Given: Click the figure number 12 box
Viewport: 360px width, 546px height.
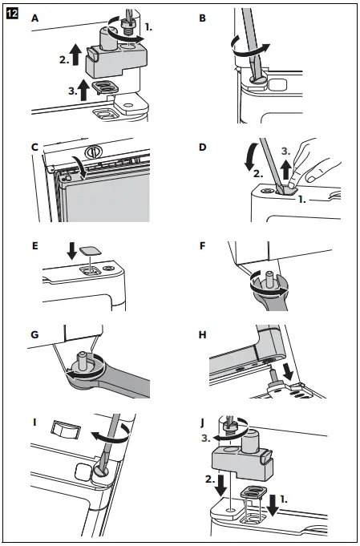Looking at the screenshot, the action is [x=12, y=14].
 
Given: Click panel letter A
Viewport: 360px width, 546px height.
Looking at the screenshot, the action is [x=34, y=18].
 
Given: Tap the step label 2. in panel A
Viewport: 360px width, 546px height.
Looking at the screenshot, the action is [x=63, y=60].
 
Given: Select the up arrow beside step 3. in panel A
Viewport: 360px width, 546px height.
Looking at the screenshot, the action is [x=83, y=90].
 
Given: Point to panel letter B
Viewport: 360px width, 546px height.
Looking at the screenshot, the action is [x=202, y=18].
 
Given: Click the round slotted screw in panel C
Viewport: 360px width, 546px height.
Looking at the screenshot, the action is [x=92, y=151].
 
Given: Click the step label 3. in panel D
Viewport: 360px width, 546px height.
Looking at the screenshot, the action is [x=285, y=152].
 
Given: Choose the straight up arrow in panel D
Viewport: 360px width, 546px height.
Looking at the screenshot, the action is [x=286, y=168].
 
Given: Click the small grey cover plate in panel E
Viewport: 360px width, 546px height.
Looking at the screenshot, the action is [x=90, y=251].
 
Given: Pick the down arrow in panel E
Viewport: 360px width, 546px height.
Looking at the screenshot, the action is [x=72, y=251].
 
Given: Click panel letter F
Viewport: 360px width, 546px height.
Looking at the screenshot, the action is [x=202, y=246].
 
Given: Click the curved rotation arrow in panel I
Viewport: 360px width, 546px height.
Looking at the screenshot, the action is [x=111, y=434].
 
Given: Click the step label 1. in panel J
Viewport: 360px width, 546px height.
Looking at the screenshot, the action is [x=284, y=499].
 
